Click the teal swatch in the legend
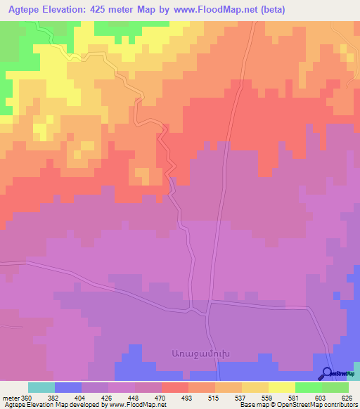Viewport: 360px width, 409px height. pyautogui.click(x=41, y=387)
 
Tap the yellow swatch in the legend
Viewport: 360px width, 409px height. pyautogui.click(x=281, y=387)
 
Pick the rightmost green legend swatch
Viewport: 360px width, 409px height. pyautogui.click(x=335, y=387)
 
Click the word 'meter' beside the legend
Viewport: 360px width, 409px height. pyautogui.click(x=11, y=397)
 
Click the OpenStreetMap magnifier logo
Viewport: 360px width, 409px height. pyautogui.click(x=328, y=372)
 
